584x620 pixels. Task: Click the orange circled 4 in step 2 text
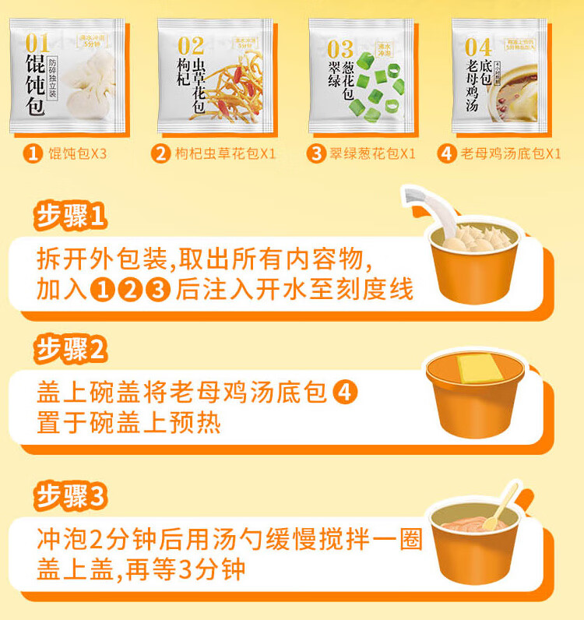(x=346, y=393)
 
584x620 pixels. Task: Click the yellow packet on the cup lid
(x=478, y=367)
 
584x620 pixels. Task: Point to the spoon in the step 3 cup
(x=500, y=506)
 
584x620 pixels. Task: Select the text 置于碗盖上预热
(x=128, y=423)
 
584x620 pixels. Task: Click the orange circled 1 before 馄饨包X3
(x=33, y=153)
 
